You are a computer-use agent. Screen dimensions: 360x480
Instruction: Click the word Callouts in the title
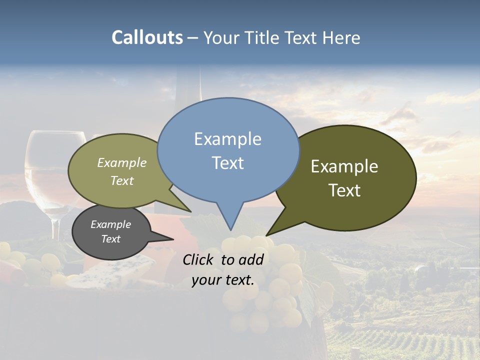pyautogui.click(x=147, y=37)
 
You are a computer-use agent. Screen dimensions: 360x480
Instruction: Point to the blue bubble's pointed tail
pyautogui.click(x=230, y=220)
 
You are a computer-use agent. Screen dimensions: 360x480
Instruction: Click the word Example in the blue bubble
pyautogui.click(x=227, y=139)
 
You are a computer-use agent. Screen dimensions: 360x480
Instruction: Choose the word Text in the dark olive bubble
pyautogui.click(x=344, y=190)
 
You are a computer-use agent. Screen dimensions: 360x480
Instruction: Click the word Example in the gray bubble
pyautogui.click(x=110, y=224)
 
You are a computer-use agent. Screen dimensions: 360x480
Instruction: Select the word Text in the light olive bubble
pyautogui.click(x=122, y=180)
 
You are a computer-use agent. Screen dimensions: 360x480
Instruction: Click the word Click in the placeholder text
pyautogui.click(x=199, y=259)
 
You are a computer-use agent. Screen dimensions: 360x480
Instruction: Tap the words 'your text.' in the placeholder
pyautogui.click(x=223, y=280)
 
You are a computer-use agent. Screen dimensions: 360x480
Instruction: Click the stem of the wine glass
pyautogui.click(x=55, y=227)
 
